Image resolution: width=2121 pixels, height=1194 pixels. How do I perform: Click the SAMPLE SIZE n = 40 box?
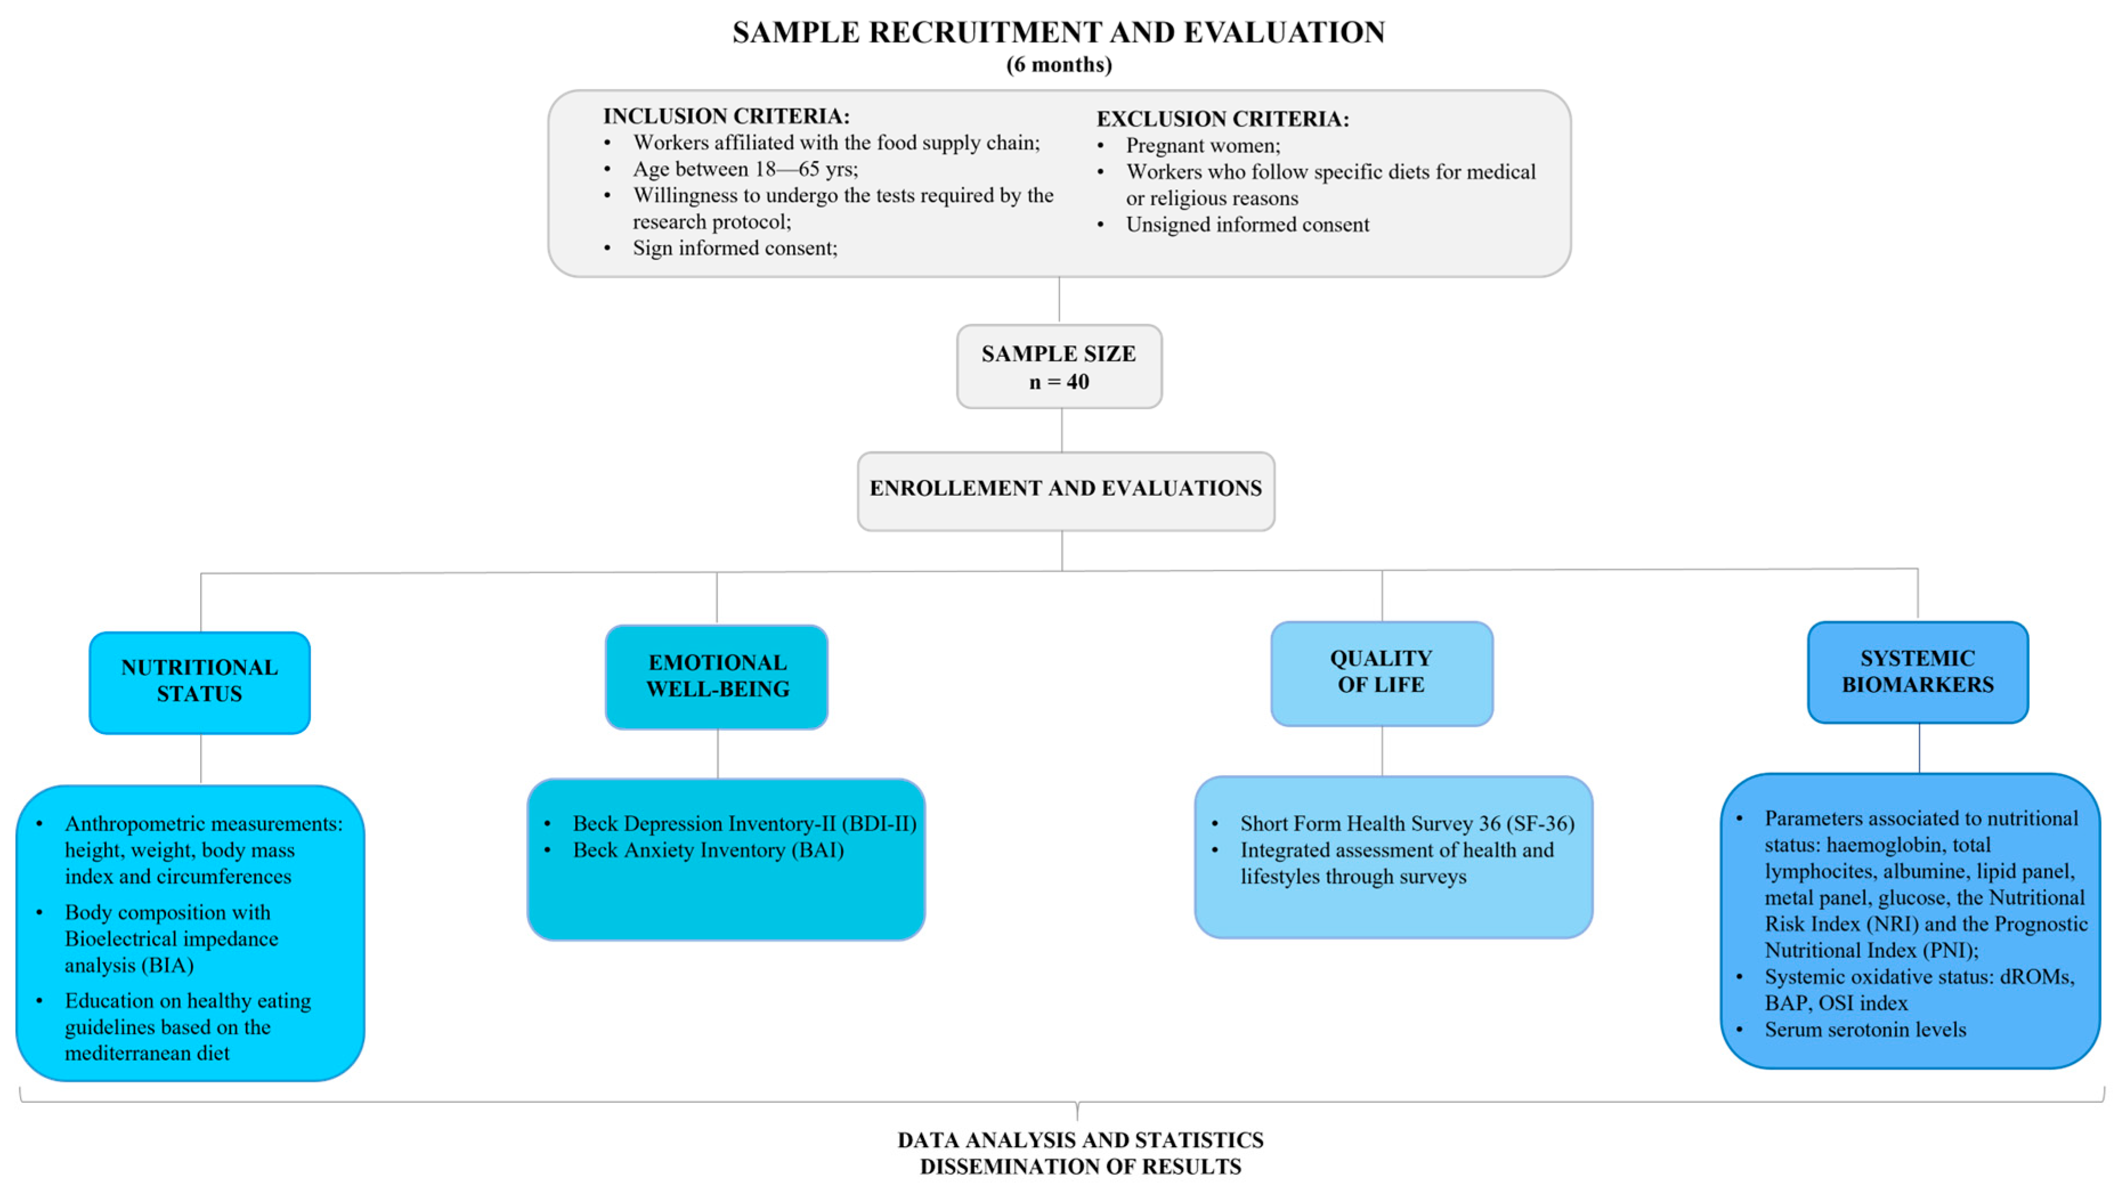[1059, 367]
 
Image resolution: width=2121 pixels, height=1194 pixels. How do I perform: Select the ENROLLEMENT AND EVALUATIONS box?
[1066, 491]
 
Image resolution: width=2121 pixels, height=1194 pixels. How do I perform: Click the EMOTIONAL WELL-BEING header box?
[716, 677]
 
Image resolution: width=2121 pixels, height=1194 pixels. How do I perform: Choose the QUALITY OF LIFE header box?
[1381, 673]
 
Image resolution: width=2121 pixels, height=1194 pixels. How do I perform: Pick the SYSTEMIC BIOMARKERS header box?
[1917, 671]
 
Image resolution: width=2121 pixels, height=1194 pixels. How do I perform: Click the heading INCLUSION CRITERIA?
[725, 116]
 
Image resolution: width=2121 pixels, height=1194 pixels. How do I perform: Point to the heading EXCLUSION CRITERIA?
[1222, 119]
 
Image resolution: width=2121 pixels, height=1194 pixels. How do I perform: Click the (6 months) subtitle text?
[1059, 65]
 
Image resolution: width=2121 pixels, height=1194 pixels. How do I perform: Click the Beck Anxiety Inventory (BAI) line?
[708, 850]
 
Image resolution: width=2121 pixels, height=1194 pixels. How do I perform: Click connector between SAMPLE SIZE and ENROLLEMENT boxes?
[1061, 430]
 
